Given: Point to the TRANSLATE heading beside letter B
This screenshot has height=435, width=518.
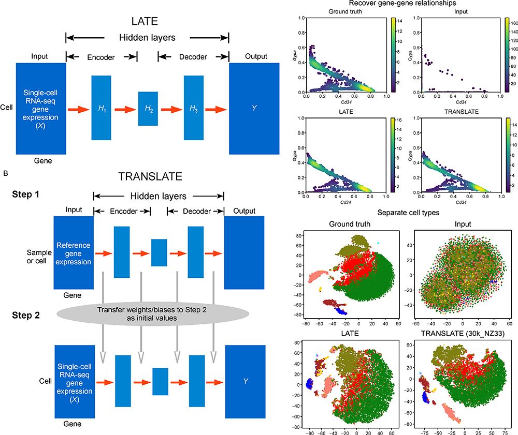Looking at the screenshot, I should click(x=150, y=176).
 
